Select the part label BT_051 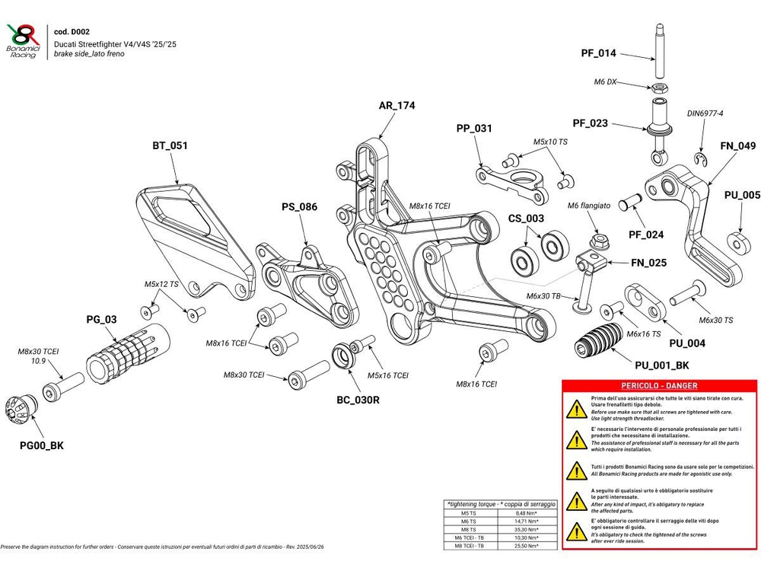170,145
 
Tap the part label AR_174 396,106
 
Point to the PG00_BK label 42,445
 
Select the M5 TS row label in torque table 470,512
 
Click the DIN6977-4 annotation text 705,113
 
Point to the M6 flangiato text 589,206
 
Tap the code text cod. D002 72,32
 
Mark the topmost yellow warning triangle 575,409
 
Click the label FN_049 737,145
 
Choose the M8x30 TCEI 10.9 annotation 38,356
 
